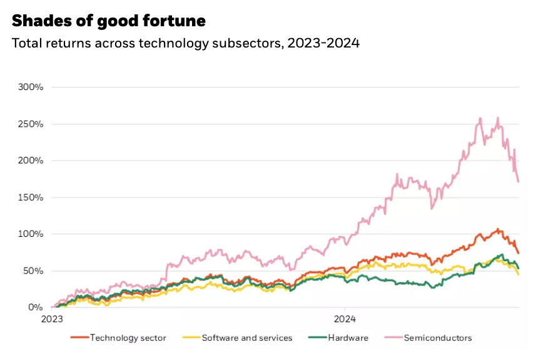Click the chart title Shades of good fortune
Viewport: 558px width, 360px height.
click(x=108, y=21)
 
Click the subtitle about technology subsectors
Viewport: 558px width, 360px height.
click(x=186, y=44)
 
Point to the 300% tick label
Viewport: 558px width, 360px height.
click(x=30, y=87)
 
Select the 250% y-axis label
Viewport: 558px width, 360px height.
click(x=30, y=124)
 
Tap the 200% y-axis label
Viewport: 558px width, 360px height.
click(x=30, y=161)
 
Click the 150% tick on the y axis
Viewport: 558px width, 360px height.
click(x=30, y=197)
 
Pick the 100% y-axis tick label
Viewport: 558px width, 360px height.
click(x=30, y=234)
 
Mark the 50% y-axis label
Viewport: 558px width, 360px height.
click(x=32, y=271)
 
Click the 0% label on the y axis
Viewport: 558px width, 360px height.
click(x=34, y=307)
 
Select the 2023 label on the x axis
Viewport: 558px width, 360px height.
click(x=52, y=317)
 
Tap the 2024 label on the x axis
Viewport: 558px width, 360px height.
click(x=345, y=317)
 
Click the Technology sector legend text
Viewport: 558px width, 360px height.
click(x=128, y=338)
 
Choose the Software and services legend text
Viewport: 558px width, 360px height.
click(x=246, y=338)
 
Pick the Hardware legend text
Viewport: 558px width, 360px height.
click(x=348, y=338)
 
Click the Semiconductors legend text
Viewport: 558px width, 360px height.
click(x=438, y=338)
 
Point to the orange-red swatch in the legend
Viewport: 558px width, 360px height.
click(x=79, y=338)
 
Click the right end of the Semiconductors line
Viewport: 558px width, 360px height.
click(x=519, y=182)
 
